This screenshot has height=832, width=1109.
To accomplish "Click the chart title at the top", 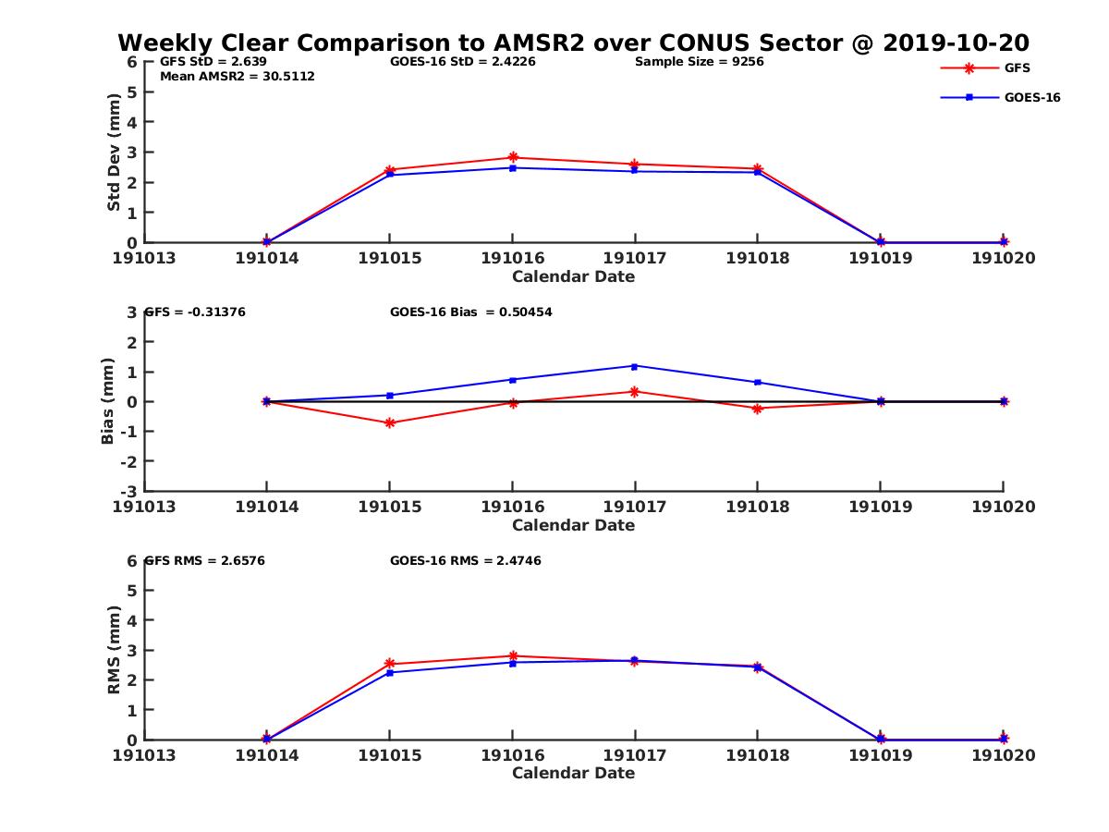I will pos(573,43).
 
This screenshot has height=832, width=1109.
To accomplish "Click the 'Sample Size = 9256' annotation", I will pos(699,62).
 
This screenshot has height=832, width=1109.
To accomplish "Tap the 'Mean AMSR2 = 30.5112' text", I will pos(237,76).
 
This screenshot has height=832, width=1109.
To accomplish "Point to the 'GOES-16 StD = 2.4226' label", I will pos(463,62).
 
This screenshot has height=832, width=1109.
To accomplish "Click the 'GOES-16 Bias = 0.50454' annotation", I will pos(471,312).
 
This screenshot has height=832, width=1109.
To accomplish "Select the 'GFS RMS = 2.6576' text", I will pos(205,560).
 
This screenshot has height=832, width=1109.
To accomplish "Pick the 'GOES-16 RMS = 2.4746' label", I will pos(465,560).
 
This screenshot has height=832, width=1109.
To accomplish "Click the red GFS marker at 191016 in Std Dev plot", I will pos(512,158).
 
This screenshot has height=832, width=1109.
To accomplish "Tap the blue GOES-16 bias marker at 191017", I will pos(635,366).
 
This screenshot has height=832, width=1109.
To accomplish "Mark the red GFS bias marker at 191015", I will pos(389,423).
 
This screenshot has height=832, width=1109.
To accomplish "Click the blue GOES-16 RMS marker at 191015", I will pos(389,672).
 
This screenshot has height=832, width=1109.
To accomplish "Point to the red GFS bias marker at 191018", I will pos(757,409).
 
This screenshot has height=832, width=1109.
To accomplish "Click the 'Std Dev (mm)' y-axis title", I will pos(114,153).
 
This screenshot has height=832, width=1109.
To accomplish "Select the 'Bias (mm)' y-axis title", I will pos(107,402).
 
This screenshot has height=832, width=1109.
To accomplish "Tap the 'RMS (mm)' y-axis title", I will pos(114,650).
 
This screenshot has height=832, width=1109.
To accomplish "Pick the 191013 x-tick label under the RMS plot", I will pos(144,755).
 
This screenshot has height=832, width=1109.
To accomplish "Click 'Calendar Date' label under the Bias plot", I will pos(573,525).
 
